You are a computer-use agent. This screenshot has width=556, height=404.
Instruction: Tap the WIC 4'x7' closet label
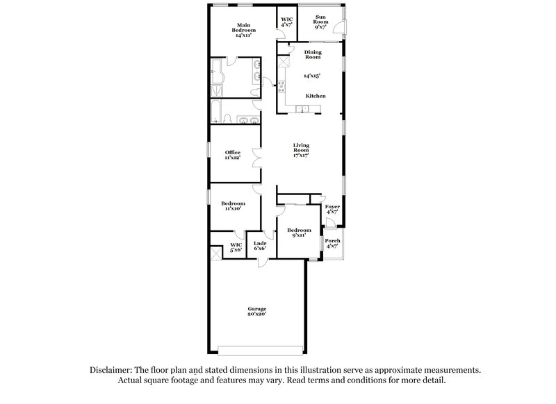[286, 21]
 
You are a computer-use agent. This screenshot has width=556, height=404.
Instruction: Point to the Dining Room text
[313, 54]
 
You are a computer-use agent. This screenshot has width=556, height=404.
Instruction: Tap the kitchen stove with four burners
[282, 87]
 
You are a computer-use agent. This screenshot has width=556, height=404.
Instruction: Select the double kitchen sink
[304, 108]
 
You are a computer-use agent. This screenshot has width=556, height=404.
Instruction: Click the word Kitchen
[315, 96]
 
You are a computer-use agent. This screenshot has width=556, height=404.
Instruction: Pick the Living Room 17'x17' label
[300, 150]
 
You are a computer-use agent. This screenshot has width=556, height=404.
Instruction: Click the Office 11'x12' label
[232, 155]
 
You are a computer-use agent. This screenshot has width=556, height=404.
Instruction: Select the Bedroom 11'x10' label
[233, 206]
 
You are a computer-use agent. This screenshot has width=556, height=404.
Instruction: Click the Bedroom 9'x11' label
[298, 232]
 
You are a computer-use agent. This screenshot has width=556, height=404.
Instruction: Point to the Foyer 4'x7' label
[332, 209]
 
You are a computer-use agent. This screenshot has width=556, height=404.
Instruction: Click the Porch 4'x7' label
[332, 243]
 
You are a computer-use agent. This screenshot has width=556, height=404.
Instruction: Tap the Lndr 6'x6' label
[259, 246]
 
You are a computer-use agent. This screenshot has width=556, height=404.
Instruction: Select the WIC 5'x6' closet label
[236, 247]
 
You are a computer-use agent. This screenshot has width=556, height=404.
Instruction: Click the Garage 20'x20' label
[257, 311]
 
